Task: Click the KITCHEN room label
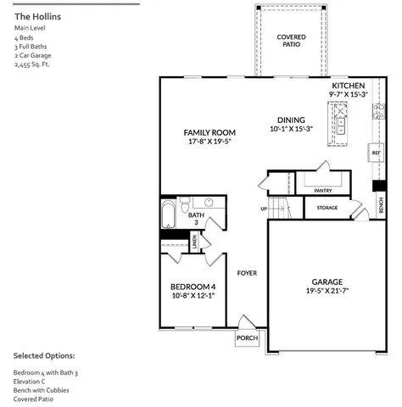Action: pos(348,86)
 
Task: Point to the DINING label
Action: pos(291,120)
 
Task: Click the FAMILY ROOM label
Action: pos(209,132)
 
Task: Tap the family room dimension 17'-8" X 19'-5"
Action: pos(209,142)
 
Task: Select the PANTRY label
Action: pos(322,191)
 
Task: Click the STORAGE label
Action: pos(327,207)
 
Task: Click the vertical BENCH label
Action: pos(381,205)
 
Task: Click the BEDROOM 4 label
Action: pos(193,287)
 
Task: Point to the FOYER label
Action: pos(247,273)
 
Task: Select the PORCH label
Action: pos(247,338)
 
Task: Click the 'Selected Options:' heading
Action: pos(44,355)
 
